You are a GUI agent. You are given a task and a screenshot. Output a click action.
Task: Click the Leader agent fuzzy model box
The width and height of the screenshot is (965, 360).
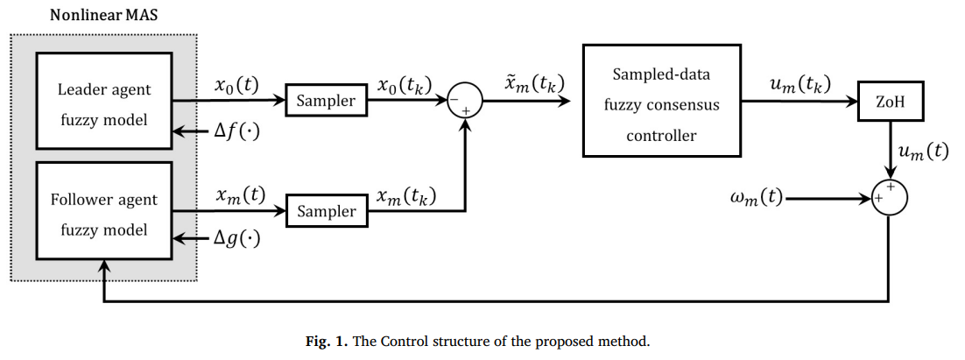point(104,102)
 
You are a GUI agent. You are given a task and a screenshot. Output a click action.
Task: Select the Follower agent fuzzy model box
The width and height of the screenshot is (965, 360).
point(104,214)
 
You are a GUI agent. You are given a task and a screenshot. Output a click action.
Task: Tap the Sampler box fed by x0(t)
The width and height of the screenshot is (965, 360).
point(326,101)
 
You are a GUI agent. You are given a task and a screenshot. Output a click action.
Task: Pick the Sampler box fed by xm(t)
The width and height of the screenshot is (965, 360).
point(326,211)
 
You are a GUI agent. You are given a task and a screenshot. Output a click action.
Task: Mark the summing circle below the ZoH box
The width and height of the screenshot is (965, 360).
point(889,198)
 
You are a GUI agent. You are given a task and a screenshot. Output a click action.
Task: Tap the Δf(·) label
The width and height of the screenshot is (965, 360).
point(238,134)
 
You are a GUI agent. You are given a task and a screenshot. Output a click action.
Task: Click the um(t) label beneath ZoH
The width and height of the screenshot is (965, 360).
point(923,151)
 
